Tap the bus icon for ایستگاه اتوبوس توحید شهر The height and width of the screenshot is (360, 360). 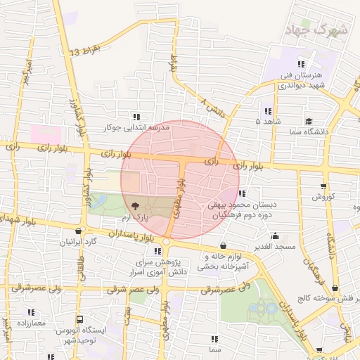click(x=79, y=319)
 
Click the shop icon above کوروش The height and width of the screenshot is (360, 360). click(x=323, y=186)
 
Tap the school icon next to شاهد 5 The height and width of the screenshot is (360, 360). click(x=267, y=111)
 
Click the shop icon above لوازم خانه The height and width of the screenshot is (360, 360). click(x=224, y=246)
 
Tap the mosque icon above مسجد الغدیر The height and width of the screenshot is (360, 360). click(x=274, y=236)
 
